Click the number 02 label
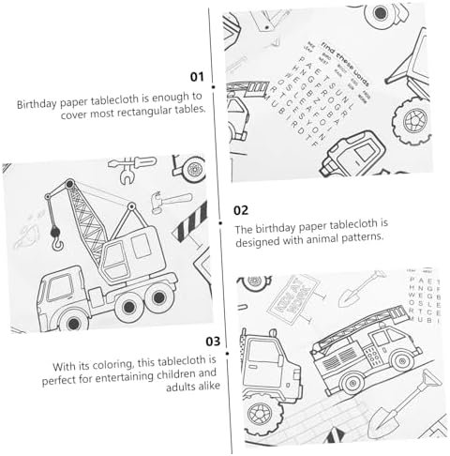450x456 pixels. pos(241,210)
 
